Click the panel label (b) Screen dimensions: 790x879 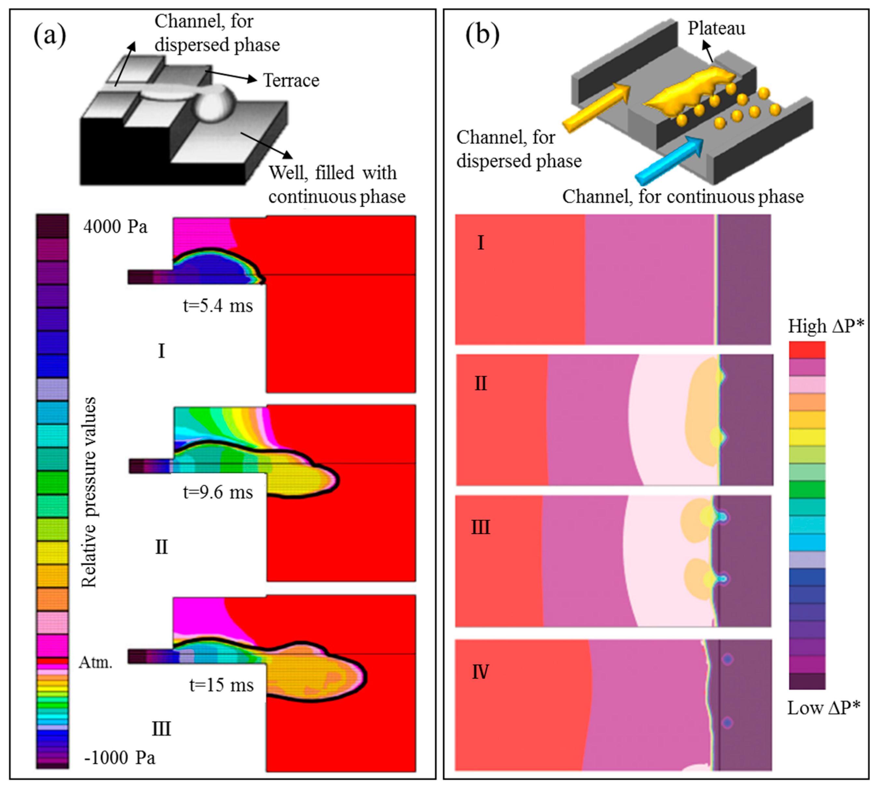pyautogui.click(x=482, y=35)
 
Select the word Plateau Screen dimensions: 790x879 pyautogui.click(x=716, y=29)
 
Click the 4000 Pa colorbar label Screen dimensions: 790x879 pyautogui.click(x=115, y=227)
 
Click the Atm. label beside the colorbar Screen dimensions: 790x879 pyautogui.click(x=95, y=662)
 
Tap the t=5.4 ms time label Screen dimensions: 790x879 pyautogui.click(x=218, y=306)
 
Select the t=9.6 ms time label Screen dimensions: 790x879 pyautogui.click(x=218, y=493)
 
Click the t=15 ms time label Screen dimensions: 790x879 pyautogui.click(x=221, y=685)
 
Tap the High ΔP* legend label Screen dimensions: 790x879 pyautogui.click(x=826, y=326)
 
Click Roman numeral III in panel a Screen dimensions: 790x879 pyautogui.click(x=161, y=729)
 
